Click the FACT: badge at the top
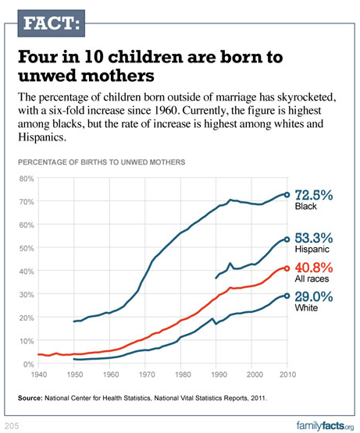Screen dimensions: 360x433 coord(52,23)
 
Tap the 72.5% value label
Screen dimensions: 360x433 coord(314,195)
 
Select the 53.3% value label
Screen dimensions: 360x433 coord(314,238)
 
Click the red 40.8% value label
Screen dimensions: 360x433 coord(314,268)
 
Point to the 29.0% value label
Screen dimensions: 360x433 coord(314,297)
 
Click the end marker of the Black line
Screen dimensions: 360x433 coord(287,195)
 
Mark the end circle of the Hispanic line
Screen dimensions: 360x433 coord(287,240)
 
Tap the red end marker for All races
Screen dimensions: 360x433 coord(287,268)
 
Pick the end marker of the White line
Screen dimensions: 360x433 coord(287,296)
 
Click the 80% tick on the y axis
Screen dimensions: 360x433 coord(27,179)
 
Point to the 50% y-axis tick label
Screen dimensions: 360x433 coord(27,248)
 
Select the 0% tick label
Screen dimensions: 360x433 coord(28,364)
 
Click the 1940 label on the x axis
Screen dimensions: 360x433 coord(39,374)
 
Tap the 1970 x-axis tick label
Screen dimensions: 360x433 coord(147,374)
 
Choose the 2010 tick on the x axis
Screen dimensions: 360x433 coord(287,374)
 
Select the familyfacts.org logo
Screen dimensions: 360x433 coord(325,426)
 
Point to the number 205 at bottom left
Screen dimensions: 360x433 coord(12,426)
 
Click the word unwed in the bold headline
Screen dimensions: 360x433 coord(45,76)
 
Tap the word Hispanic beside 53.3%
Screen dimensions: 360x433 coord(312,249)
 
